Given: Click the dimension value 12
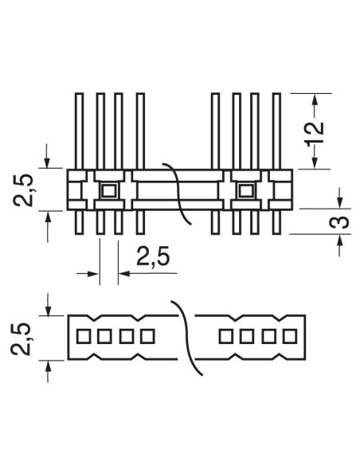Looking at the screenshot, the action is [315, 134].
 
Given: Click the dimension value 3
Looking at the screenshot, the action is [340, 221].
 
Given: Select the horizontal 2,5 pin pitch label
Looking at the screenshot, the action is [153, 256].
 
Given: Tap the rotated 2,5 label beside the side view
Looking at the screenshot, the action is [23, 190].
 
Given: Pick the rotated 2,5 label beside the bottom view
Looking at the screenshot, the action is [21, 338].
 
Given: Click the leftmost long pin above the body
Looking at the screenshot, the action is [79, 131].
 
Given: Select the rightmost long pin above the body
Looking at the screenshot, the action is [276, 131].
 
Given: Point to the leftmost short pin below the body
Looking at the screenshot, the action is [79, 222].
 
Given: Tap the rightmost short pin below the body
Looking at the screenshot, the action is [276, 222].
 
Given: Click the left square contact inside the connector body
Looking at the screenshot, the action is [109, 190].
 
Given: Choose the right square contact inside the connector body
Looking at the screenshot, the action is [246, 190].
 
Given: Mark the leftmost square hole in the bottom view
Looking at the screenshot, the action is [84, 336].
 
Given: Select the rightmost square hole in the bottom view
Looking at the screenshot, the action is [290, 336].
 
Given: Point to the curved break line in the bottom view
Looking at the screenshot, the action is [187, 338].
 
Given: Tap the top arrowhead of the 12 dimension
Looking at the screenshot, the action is [315, 100].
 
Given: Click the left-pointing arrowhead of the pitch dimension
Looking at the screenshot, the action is [123, 273].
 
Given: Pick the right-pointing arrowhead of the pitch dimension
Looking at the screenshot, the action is [94, 273].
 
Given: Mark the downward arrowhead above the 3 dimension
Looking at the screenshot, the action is [340, 202].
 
